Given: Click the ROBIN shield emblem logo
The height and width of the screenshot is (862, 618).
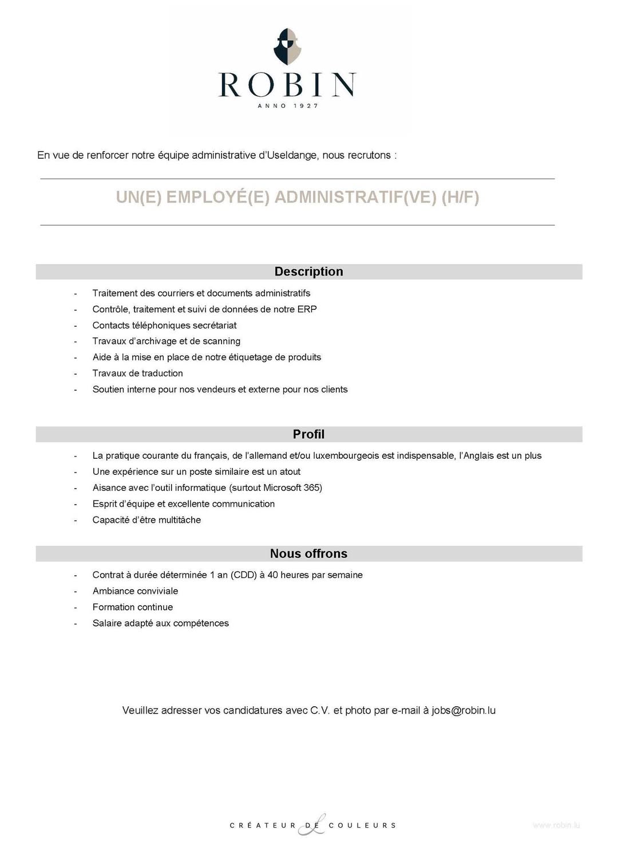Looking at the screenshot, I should [287, 46].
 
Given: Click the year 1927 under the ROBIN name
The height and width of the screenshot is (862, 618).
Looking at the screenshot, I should [306, 106].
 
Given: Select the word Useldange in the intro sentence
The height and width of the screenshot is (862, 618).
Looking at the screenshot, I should [292, 155].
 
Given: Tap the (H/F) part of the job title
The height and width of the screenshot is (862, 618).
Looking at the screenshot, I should [460, 197].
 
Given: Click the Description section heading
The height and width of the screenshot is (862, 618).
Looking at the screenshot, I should [308, 271].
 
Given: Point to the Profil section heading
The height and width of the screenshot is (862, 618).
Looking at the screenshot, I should [308, 434].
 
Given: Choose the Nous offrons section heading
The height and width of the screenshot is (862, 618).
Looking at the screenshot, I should [308, 553].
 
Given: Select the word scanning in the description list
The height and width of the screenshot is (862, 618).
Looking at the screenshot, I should [221, 341].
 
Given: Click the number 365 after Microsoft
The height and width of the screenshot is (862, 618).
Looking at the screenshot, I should [313, 488].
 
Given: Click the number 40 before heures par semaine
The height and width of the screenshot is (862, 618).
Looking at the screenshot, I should [272, 575].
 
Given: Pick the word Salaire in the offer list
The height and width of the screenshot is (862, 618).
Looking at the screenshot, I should [108, 623].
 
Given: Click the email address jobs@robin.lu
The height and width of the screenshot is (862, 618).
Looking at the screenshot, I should [463, 710].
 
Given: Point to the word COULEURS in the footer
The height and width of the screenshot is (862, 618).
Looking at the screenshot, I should [362, 825].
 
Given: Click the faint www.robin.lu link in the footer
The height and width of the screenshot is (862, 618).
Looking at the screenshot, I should [556, 825].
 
